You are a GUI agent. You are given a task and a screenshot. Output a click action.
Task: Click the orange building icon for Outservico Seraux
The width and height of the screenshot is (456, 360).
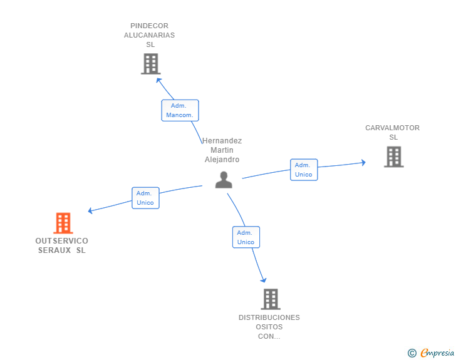pyautogui.click(x=63, y=223)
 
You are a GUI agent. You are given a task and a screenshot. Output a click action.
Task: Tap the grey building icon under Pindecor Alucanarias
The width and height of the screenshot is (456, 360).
pyautogui.click(x=150, y=64)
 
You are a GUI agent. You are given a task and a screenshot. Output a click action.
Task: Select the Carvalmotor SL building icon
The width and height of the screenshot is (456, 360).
pyautogui.click(x=394, y=157)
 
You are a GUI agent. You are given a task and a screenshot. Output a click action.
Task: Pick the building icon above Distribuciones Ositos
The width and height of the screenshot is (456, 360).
pyautogui.click(x=271, y=299)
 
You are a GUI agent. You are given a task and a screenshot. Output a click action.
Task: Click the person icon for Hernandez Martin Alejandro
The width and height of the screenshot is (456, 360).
pyautogui.click(x=224, y=180)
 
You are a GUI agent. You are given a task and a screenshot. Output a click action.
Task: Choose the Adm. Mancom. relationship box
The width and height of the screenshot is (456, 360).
pyautogui.click(x=180, y=110)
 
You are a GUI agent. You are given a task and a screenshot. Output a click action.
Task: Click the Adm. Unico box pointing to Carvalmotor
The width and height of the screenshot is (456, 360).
pyautogui.click(x=304, y=170)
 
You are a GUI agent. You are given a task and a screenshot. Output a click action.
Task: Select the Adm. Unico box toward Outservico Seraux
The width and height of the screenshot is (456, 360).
pyautogui.click(x=145, y=198)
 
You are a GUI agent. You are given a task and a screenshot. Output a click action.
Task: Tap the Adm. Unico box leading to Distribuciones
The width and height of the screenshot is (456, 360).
pyautogui.click(x=246, y=237)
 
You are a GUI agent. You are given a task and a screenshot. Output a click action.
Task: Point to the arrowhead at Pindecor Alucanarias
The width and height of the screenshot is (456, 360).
pyautogui.click(x=158, y=80)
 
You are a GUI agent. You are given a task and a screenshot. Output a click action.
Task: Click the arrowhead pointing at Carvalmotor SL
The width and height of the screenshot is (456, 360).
pyautogui.click(x=363, y=163)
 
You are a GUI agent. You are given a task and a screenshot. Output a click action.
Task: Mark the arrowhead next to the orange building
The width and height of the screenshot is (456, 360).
pyautogui.click(x=90, y=210)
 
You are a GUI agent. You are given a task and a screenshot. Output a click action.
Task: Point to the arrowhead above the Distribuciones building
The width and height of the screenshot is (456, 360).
pyautogui.click(x=264, y=280)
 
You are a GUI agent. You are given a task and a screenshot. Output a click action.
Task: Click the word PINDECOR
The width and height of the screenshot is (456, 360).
pyautogui.click(x=150, y=26)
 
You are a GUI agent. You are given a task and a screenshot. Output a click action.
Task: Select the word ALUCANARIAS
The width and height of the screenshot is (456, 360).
pyautogui.click(x=150, y=35)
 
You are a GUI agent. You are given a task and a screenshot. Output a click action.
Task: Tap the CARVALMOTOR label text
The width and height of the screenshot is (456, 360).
pyautogui.click(x=392, y=128)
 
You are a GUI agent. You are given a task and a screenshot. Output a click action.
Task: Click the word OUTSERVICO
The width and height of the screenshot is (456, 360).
pyautogui.click(x=61, y=241)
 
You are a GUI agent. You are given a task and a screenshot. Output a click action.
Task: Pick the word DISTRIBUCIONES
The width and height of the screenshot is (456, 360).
pyautogui.click(x=269, y=317)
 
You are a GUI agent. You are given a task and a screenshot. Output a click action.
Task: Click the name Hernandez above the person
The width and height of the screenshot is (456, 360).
pyautogui.click(x=222, y=141)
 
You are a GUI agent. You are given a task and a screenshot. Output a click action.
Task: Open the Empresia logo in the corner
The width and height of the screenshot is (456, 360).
pyautogui.click(x=431, y=353)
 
